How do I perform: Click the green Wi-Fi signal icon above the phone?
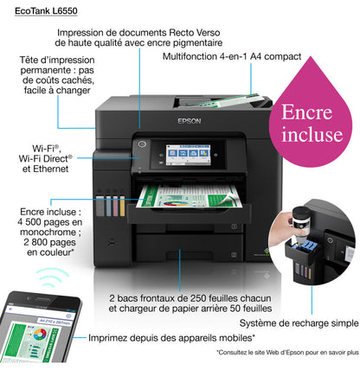pyautogui.click(x=54, y=277)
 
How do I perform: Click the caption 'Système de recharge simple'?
pyautogui.click(x=306, y=322)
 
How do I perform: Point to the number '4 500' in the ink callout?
pyautogui.click(x=33, y=220)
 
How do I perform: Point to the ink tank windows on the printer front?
pyautogui.click(x=112, y=206)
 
